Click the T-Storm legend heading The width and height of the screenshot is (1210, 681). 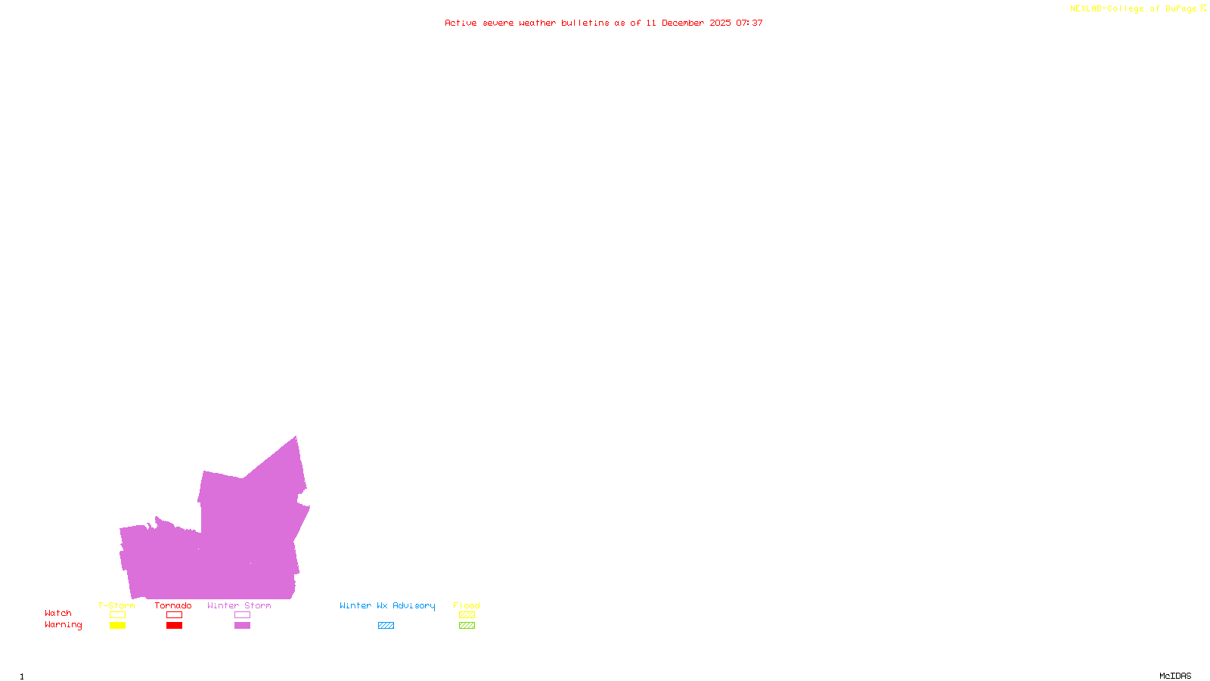coord(116,605)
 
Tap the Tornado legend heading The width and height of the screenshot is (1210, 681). coord(173,605)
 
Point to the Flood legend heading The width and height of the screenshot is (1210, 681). coord(467,605)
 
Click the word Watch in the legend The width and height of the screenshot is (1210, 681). coord(58,613)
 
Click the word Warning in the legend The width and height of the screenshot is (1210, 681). coord(64,625)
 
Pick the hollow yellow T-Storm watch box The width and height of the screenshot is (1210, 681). coord(117,615)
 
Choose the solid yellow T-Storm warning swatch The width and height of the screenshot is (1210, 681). coord(117,626)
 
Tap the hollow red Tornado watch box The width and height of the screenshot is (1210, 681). coord(174,615)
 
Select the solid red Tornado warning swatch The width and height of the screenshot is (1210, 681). coord(174,626)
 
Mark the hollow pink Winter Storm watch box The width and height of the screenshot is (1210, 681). coord(242,615)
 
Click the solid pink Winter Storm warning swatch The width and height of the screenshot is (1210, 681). coord(242,626)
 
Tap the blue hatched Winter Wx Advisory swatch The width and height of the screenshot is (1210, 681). coord(386,626)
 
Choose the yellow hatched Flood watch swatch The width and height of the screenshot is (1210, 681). coord(467,615)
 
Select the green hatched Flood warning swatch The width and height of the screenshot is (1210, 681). coord(467,626)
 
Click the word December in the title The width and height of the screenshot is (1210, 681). coord(683,23)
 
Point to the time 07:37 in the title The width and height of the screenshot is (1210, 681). coord(749,23)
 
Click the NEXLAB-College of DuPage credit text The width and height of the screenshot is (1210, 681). coord(1133,8)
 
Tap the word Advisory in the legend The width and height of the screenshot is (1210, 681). coord(414,605)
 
